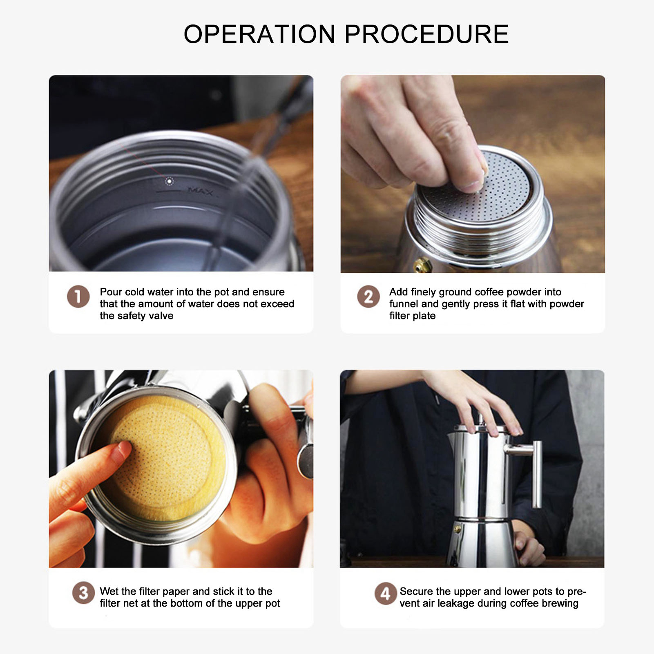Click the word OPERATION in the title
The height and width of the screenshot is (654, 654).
(x=259, y=34)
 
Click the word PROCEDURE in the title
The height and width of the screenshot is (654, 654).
(x=427, y=34)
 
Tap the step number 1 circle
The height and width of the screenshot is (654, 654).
(x=78, y=296)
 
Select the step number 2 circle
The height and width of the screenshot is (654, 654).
(x=368, y=296)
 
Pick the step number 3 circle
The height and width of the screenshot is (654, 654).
(x=83, y=593)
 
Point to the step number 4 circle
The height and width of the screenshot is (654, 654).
(x=385, y=594)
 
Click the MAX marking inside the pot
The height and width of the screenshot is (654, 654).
(x=200, y=191)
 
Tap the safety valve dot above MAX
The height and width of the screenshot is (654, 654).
(x=169, y=181)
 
